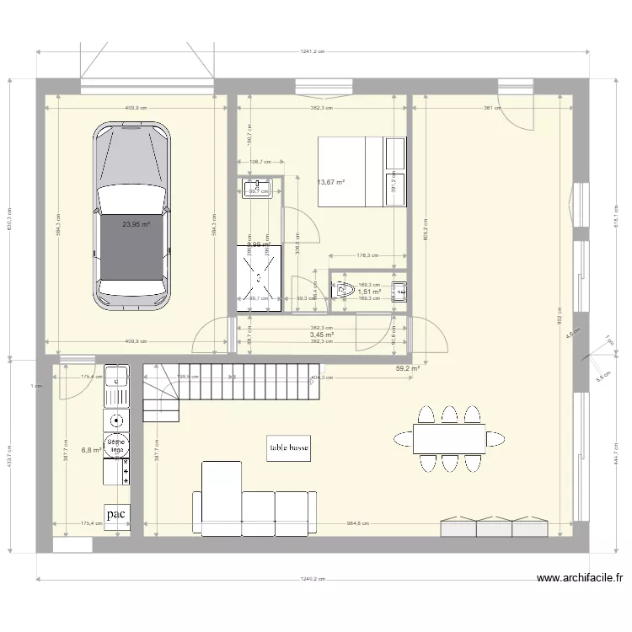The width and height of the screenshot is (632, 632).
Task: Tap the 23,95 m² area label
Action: (x=136, y=225)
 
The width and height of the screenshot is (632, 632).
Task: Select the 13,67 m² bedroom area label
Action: (x=331, y=182)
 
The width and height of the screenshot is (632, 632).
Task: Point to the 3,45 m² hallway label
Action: (x=322, y=335)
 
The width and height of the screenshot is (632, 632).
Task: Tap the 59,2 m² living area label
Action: (x=408, y=368)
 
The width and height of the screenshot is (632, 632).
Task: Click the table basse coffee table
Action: (x=288, y=449)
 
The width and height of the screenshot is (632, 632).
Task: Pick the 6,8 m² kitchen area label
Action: (x=90, y=450)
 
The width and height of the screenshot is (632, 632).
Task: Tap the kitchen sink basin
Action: (x=116, y=376)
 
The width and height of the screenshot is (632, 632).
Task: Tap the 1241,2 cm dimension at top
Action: (x=312, y=52)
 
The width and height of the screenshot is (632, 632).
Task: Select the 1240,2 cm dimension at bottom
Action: (x=311, y=579)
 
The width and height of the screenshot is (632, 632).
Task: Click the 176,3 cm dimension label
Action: (x=367, y=254)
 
